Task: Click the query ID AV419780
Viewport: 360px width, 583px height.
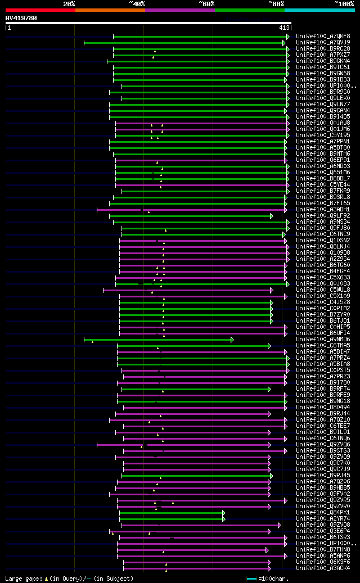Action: [x=21, y=18]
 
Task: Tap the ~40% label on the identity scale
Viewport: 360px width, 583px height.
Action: [x=137, y=4]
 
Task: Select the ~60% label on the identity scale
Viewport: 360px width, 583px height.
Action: [x=206, y=4]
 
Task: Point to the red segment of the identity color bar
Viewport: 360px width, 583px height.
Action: [x=40, y=10]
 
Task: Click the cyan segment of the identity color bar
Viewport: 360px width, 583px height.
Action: [x=319, y=10]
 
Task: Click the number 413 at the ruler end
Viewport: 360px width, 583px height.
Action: [x=283, y=28]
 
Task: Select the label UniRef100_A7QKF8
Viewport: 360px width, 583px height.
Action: [x=323, y=36]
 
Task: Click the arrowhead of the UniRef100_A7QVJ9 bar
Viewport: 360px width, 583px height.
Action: [x=286, y=42]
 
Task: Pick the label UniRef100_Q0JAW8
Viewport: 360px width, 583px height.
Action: [x=323, y=123]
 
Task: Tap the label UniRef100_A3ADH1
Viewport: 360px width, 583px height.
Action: [x=323, y=209]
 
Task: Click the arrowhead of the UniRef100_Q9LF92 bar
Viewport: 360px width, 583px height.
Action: [x=271, y=216]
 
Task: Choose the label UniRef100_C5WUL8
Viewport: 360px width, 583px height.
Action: [x=323, y=290]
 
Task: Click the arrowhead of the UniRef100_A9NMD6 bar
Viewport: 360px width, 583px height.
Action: [x=232, y=340]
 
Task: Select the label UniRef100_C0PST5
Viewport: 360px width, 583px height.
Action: [x=323, y=370]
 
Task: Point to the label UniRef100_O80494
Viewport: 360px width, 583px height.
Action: [x=323, y=407]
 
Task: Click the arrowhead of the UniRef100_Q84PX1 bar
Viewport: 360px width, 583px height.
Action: [x=223, y=513]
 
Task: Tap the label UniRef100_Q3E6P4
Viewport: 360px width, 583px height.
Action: [x=323, y=531]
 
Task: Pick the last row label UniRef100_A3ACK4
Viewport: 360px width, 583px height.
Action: [x=323, y=568]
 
